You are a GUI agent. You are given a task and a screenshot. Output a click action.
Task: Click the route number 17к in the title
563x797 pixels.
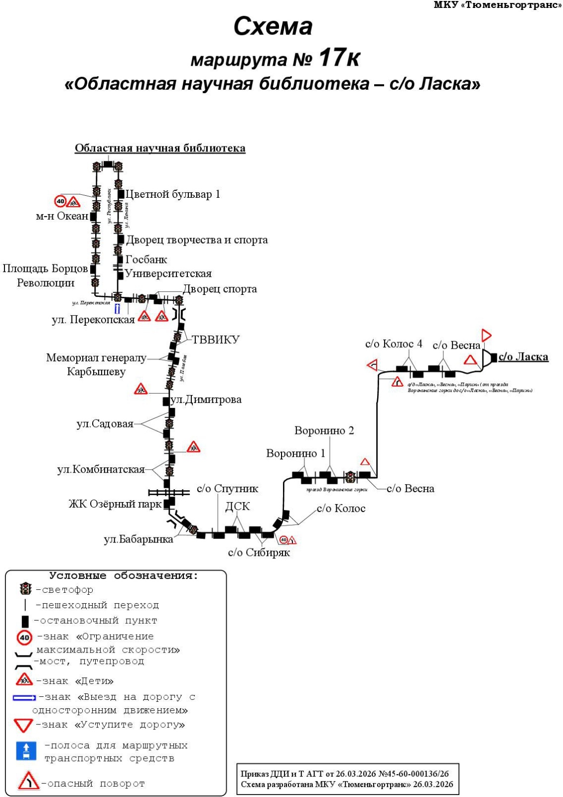pyautogui.click(x=339, y=58)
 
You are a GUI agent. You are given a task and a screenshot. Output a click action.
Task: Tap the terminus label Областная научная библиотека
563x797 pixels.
pyautogui.click(x=160, y=148)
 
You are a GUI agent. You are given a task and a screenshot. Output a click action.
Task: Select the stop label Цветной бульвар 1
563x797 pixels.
pyautogui.click(x=172, y=194)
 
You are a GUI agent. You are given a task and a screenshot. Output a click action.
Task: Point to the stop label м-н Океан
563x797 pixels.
pyautogui.click(x=62, y=216)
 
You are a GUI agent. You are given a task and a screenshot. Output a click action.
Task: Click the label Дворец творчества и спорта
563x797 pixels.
pyautogui.click(x=197, y=240)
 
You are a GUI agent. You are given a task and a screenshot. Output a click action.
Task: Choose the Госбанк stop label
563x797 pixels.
pyautogui.click(x=146, y=260)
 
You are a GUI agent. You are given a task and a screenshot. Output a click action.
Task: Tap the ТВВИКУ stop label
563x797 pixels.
pyautogui.click(x=216, y=340)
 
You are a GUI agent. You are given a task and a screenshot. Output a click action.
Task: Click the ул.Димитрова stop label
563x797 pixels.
pyautogui.click(x=206, y=399)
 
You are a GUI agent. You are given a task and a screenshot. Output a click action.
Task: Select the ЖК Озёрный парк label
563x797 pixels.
pyautogui.click(x=115, y=504)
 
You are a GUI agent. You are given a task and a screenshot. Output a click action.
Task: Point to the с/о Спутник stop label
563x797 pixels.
pyautogui.click(x=227, y=489)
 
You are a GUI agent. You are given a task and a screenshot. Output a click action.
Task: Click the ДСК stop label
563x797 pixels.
pyautogui.click(x=238, y=507)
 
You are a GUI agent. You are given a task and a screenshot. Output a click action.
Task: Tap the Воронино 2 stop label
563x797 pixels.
pyautogui.click(x=324, y=431)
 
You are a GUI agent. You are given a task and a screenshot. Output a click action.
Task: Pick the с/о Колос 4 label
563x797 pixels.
pyautogui.click(x=393, y=344)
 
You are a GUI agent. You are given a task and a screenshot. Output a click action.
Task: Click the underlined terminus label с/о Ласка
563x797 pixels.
pyautogui.click(x=523, y=357)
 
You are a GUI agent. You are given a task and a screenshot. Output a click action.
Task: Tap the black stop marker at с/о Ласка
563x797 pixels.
pyautogui.click(x=494, y=357)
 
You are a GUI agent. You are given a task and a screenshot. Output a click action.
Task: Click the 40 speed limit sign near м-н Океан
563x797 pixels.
pyautogui.click(x=60, y=201)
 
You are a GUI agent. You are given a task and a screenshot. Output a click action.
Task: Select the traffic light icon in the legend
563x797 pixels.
pyautogui.click(x=25, y=589)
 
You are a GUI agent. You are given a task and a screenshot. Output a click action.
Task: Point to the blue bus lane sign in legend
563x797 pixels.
pyautogui.click(x=26, y=751)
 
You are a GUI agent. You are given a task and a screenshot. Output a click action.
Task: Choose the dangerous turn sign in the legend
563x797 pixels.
pyautogui.click(x=28, y=781)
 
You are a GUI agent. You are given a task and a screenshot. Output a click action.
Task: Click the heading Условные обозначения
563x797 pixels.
pyautogui.click(x=124, y=576)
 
